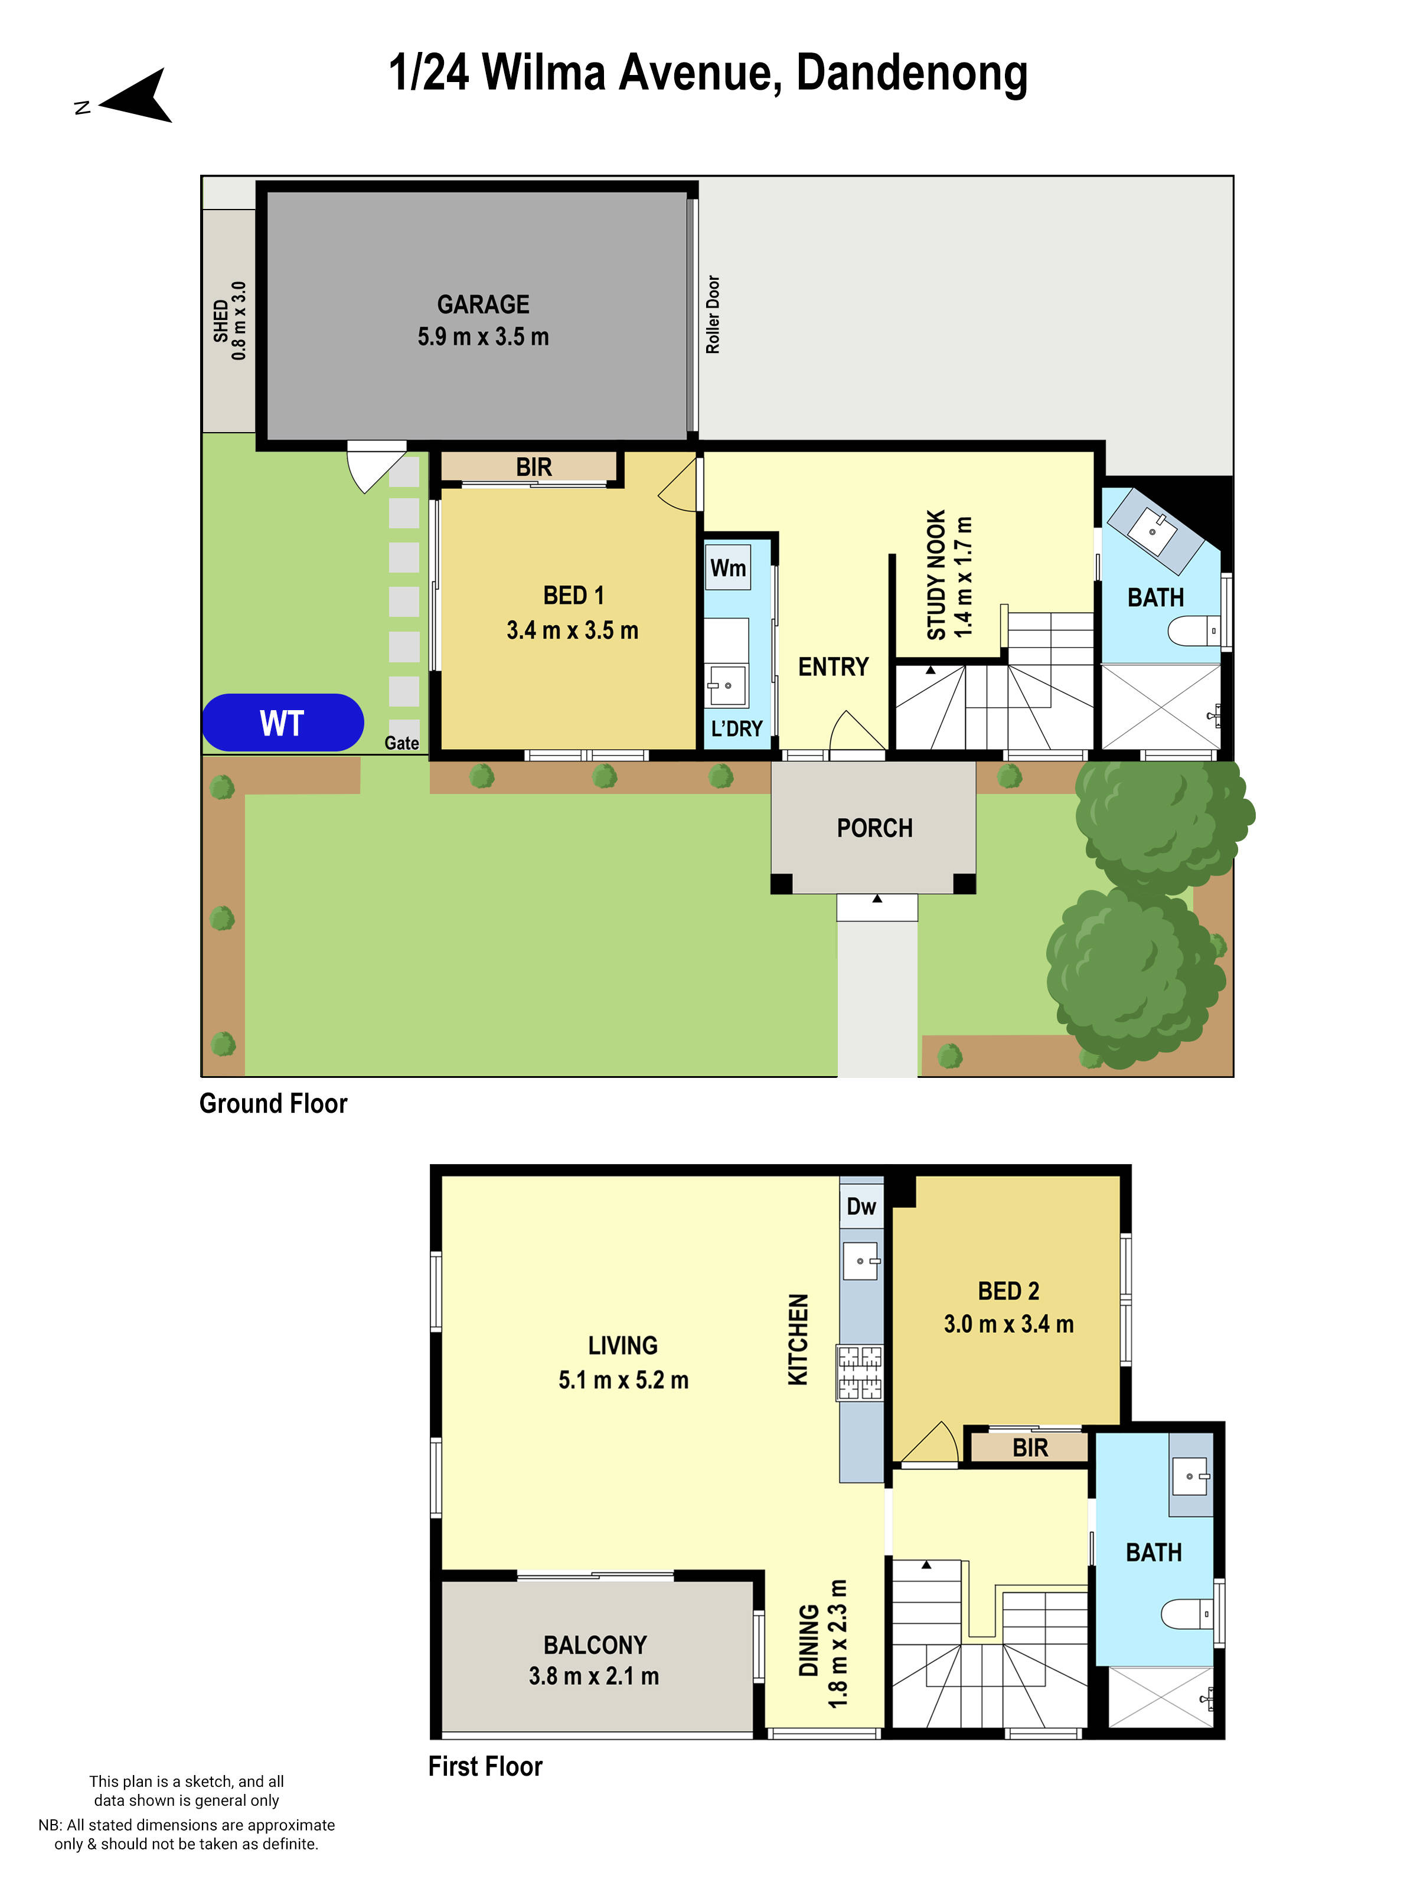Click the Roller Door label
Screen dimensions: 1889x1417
point(713,314)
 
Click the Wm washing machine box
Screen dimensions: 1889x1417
point(728,568)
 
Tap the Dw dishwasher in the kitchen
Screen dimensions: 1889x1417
point(861,1206)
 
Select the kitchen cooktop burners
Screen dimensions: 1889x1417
point(859,1372)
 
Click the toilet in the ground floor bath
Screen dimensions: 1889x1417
point(1193,632)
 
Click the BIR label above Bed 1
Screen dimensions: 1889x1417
point(534,467)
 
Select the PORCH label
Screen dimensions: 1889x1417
point(874,828)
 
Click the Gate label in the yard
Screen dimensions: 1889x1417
point(401,743)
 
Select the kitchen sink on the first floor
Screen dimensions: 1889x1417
point(860,1260)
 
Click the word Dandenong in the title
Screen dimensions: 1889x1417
point(912,73)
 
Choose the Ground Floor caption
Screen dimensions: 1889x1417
point(273,1103)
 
